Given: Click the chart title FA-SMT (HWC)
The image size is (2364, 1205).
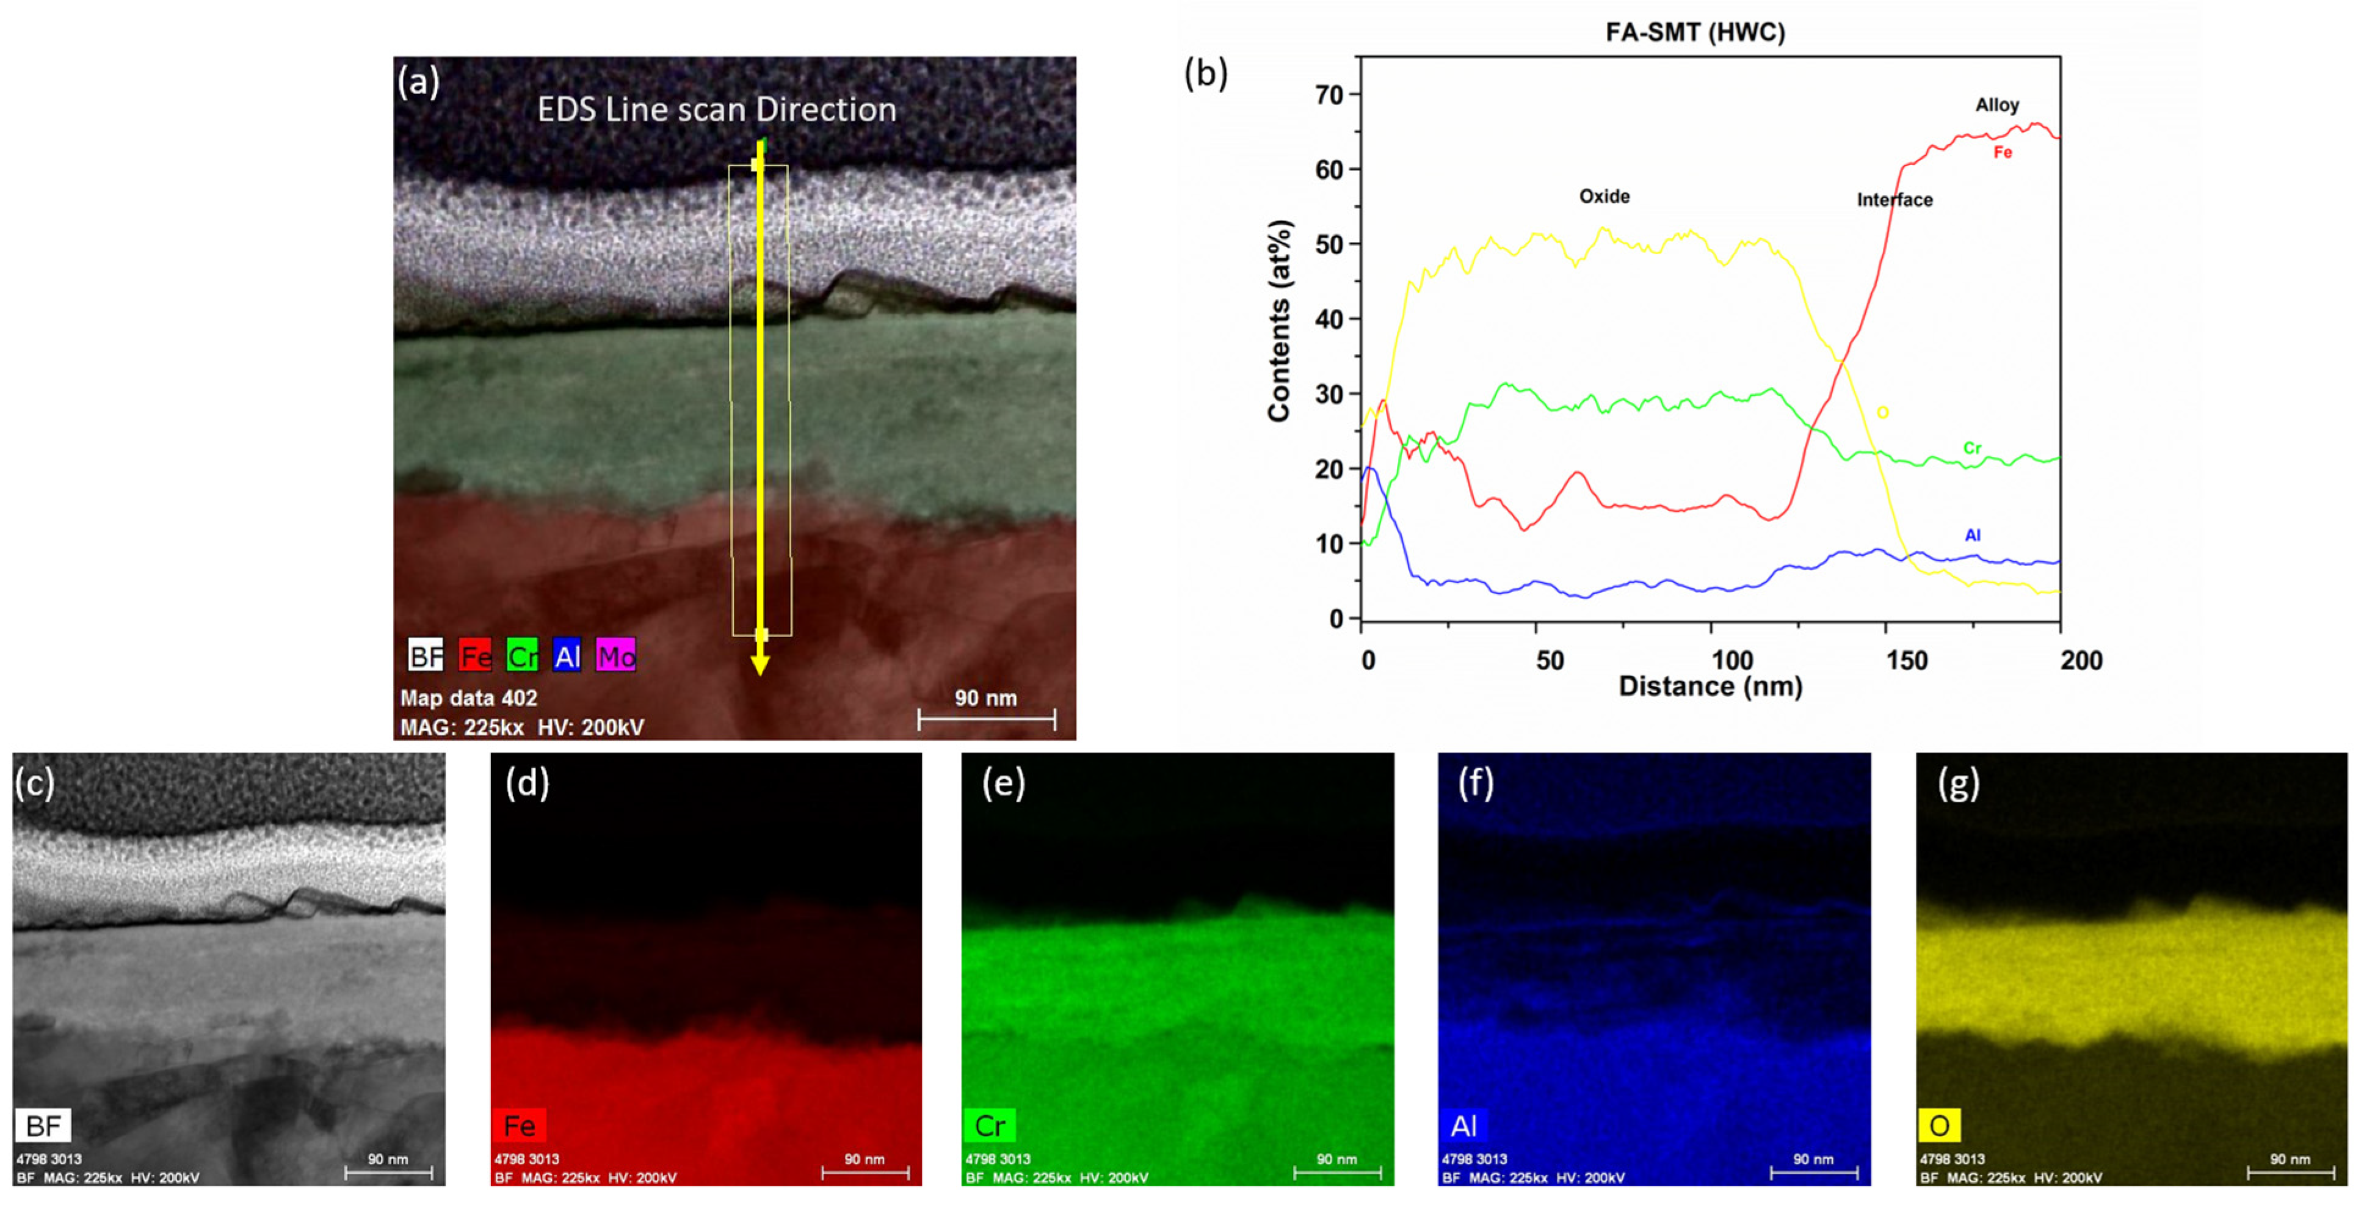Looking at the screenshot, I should (x=1694, y=32).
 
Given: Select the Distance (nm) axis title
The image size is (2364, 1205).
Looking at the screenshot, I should (x=1710, y=686).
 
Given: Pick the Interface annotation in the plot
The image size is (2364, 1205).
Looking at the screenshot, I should (x=1894, y=200).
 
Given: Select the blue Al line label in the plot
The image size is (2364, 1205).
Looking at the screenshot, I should (x=1972, y=535).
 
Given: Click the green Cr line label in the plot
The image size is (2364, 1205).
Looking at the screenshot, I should (x=1972, y=448).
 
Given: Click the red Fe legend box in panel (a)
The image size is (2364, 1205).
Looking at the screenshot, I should (x=474, y=655).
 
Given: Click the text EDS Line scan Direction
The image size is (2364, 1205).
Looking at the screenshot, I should (x=716, y=110).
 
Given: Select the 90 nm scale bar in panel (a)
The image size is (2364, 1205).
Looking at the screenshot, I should (x=987, y=719).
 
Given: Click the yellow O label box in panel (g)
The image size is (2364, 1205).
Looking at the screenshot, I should (x=1939, y=1124).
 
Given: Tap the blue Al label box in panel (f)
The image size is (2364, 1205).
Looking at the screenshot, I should (x=1463, y=1124).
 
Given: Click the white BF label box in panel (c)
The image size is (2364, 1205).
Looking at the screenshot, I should (x=43, y=1124).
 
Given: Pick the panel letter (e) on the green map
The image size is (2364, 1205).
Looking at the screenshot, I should (x=1003, y=783).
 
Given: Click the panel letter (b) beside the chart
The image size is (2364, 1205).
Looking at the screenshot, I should (x=1205, y=73).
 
